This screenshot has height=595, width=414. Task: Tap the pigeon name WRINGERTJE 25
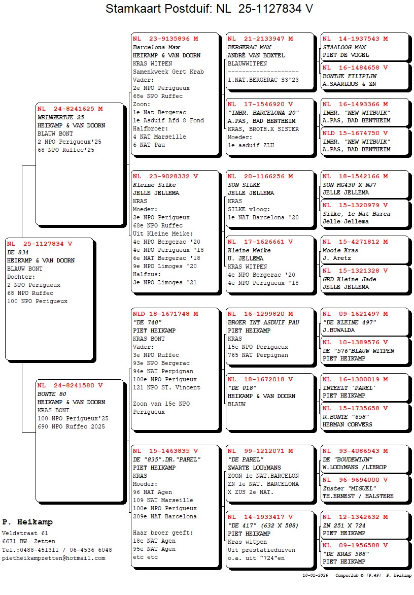click(x=61, y=117)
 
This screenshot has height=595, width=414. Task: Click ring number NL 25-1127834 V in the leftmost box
click(x=40, y=244)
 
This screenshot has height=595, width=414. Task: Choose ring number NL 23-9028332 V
click(x=165, y=177)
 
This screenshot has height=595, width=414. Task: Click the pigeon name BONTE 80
click(x=52, y=393)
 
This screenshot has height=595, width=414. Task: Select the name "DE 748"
click(x=147, y=322)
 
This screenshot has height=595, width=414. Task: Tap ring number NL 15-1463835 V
click(x=165, y=451)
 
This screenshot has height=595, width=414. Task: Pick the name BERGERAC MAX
click(x=250, y=47)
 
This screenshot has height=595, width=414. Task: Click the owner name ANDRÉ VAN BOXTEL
click(x=256, y=55)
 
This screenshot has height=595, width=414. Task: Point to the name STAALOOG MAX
click(x=343, y=47)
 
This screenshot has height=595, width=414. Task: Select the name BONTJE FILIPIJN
click(x=350, y=76)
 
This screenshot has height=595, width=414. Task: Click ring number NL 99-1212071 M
click(x=260, y=451)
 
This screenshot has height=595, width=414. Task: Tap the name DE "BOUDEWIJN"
click(x=348, y=459)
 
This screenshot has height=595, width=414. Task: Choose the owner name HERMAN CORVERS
click(x=348, y=424)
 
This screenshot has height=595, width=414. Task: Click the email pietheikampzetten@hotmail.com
click(x=54, y=558)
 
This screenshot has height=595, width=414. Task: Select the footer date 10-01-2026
click(x=315, y=576)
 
